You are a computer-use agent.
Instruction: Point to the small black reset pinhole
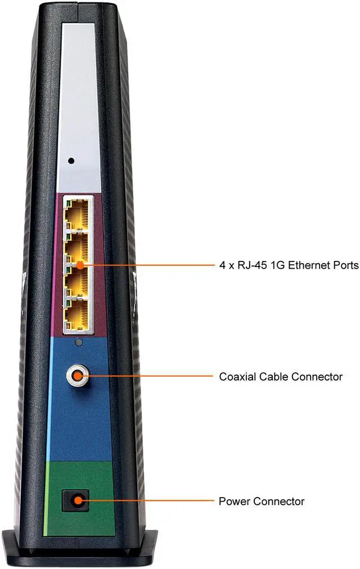click(x=71, y=161)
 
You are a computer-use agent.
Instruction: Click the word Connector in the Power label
click(x=279, y=501)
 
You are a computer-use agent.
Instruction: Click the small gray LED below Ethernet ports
click(x=79, y=342)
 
